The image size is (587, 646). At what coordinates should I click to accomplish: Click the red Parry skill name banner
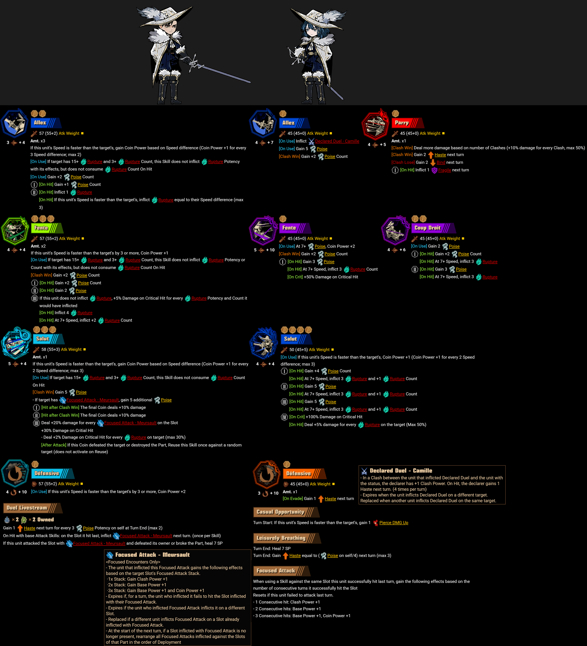click(x=407, y=123)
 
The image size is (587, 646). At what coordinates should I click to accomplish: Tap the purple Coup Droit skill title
click(x=433, y=228)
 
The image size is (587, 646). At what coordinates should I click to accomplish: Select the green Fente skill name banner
click(x=47, y=228)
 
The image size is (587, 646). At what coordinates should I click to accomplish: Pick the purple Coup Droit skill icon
click(x=395, y=230)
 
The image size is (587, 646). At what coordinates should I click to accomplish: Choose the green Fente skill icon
click(x=15, y=230)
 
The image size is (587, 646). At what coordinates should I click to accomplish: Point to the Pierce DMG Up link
click(x=394, y=523)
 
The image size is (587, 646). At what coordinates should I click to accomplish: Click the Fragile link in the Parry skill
click(x=444, y=170)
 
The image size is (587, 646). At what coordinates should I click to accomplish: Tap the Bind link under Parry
click(x=441, y=162)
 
